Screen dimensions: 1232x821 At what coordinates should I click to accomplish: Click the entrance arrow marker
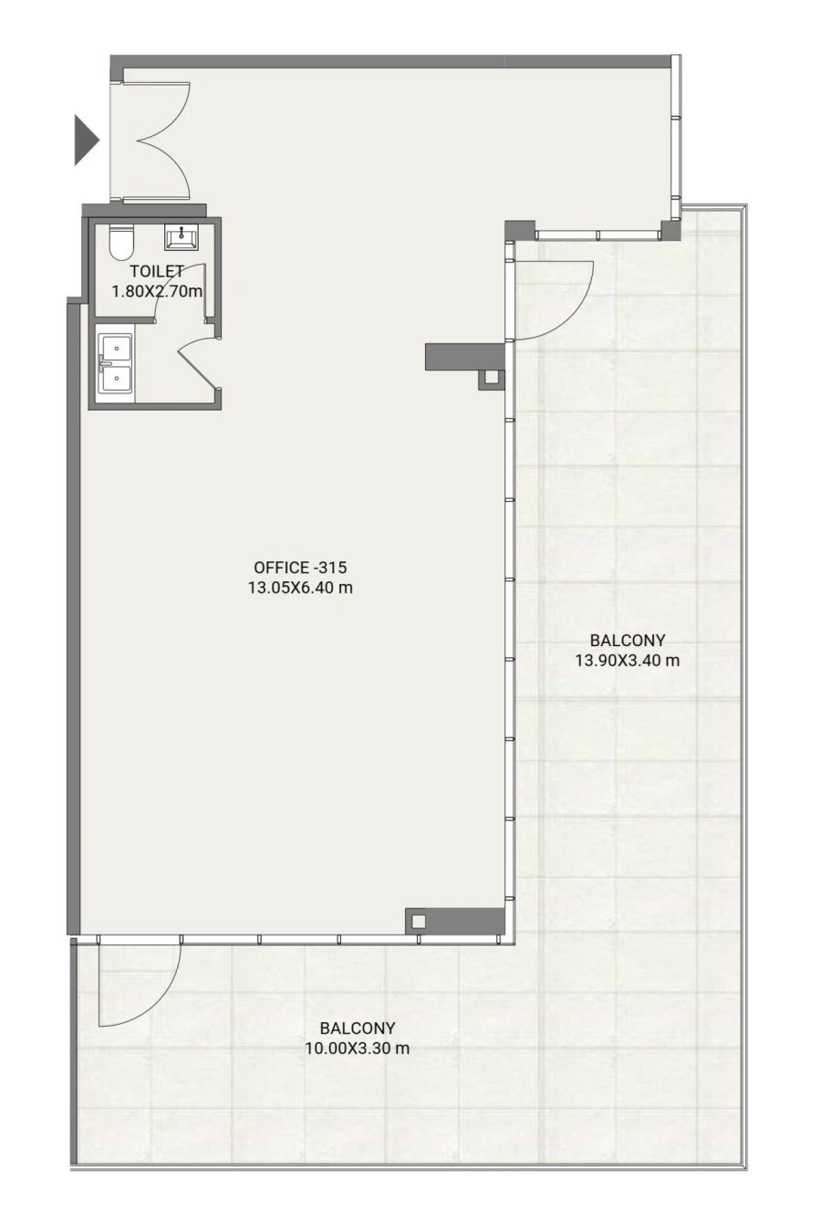[85, 140]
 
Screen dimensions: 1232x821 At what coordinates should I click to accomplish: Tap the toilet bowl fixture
[121, 242]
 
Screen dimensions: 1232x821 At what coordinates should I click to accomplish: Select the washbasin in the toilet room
[181, 237]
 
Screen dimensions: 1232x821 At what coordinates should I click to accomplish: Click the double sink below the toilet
[115, 363]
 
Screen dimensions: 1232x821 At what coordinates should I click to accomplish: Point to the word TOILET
[157, 271]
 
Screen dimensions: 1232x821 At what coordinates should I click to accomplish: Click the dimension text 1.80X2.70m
[157, 291]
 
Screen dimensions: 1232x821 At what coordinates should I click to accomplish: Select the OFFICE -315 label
[300, 568]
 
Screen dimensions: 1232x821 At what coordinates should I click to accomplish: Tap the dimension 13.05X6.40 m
[300, 588]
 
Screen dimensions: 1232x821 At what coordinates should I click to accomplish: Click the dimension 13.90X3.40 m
[627, 661]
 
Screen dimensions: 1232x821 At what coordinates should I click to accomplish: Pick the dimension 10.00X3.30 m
[357, 1049]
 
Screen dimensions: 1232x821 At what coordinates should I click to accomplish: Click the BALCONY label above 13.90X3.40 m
[627, 641]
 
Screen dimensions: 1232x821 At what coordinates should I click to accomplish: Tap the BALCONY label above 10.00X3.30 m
[357, 1028]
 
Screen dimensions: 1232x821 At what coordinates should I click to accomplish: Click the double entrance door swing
[160, 141]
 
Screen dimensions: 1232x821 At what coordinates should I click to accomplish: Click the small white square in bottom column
[418, 921]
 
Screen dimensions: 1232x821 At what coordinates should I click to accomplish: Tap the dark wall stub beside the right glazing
[463, 356]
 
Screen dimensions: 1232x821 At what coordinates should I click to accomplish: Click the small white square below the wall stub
[492, 377]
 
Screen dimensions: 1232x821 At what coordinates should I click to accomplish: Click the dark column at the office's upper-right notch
[519, 229]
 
